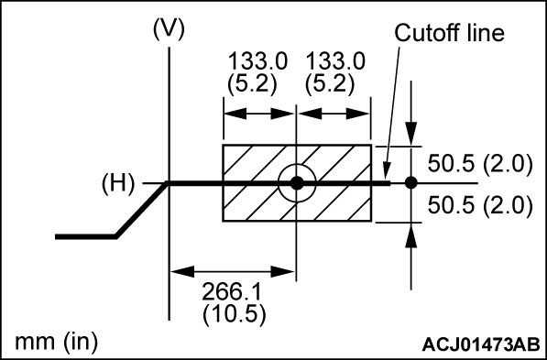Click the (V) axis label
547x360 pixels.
170,27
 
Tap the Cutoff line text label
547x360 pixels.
450,33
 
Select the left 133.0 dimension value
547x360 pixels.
257,60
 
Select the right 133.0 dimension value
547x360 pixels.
336,60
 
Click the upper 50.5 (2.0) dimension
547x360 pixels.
480,165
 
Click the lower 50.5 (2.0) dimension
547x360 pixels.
480,204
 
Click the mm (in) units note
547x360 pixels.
57,342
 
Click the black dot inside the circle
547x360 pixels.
296,183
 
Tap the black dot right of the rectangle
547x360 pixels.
410,183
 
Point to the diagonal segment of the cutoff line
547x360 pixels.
142,210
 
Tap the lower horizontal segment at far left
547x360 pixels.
84,236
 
